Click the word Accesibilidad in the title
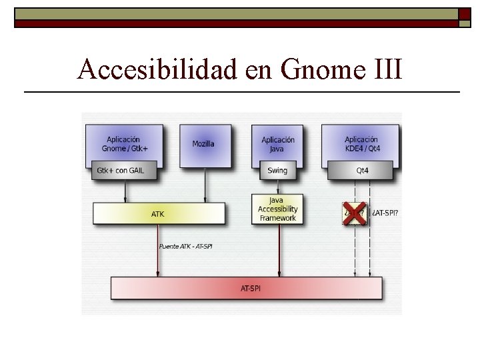157,69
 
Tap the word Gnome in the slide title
310,69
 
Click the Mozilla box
203,143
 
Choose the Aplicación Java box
277,143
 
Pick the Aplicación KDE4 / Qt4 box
361,143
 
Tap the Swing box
277,170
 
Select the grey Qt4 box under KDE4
362,170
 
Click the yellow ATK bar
157,214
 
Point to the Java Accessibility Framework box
277,209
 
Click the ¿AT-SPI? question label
386,213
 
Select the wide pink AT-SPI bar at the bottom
246,289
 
